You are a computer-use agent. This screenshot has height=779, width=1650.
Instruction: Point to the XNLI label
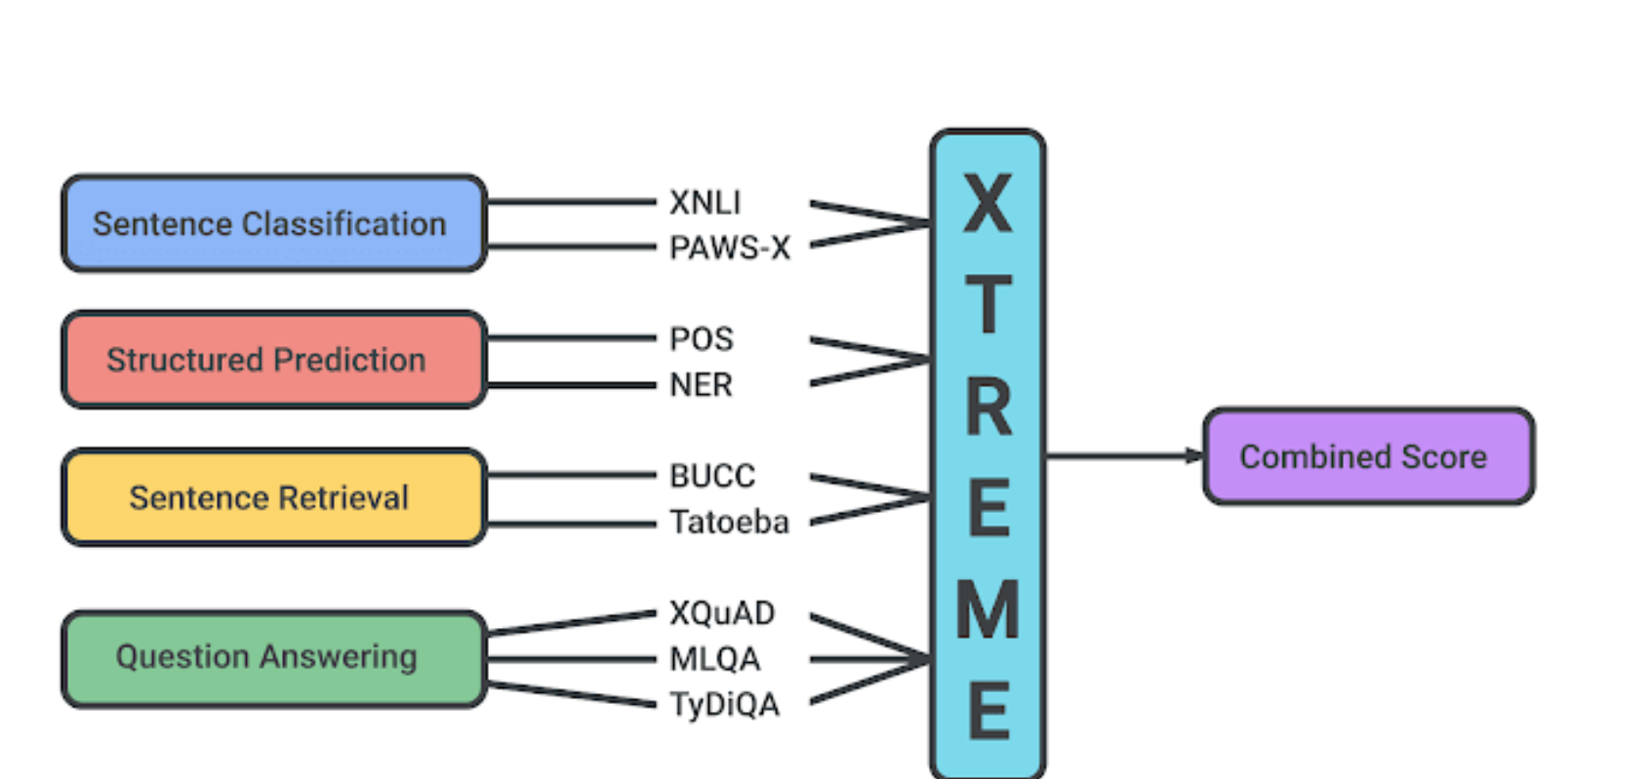704,203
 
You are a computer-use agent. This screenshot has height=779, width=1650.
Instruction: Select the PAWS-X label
729,249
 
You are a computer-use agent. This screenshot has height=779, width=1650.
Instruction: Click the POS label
701,339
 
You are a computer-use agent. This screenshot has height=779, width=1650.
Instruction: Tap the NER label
701,385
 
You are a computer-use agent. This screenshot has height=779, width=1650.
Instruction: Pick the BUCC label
712,476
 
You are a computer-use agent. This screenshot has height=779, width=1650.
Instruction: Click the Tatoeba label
729,523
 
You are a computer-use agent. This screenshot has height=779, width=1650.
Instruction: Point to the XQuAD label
722,613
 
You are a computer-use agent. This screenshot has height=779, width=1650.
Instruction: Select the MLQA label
714,659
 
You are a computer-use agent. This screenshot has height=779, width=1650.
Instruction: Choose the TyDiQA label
724,704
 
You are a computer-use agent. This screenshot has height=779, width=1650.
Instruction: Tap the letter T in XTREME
987,304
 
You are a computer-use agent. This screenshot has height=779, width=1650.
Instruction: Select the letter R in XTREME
987,407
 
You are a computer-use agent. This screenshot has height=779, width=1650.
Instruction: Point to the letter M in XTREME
987,610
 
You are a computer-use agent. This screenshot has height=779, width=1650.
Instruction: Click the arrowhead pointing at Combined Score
1194,455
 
